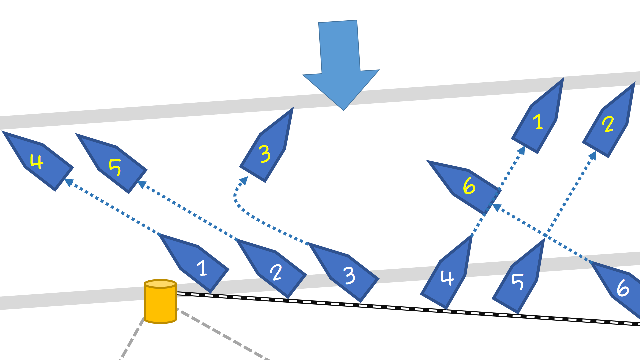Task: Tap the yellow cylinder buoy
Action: tap(160, 302)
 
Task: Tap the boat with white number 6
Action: tap(620, 287)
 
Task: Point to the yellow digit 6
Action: tap(469, 186)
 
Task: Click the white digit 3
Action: tap(349, 276)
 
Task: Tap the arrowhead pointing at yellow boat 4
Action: tap(69, 182)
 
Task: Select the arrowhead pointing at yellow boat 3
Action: tap(244, 180)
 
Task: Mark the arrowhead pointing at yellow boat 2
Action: tap(593, 155)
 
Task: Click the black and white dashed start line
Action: tap(400, 308)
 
